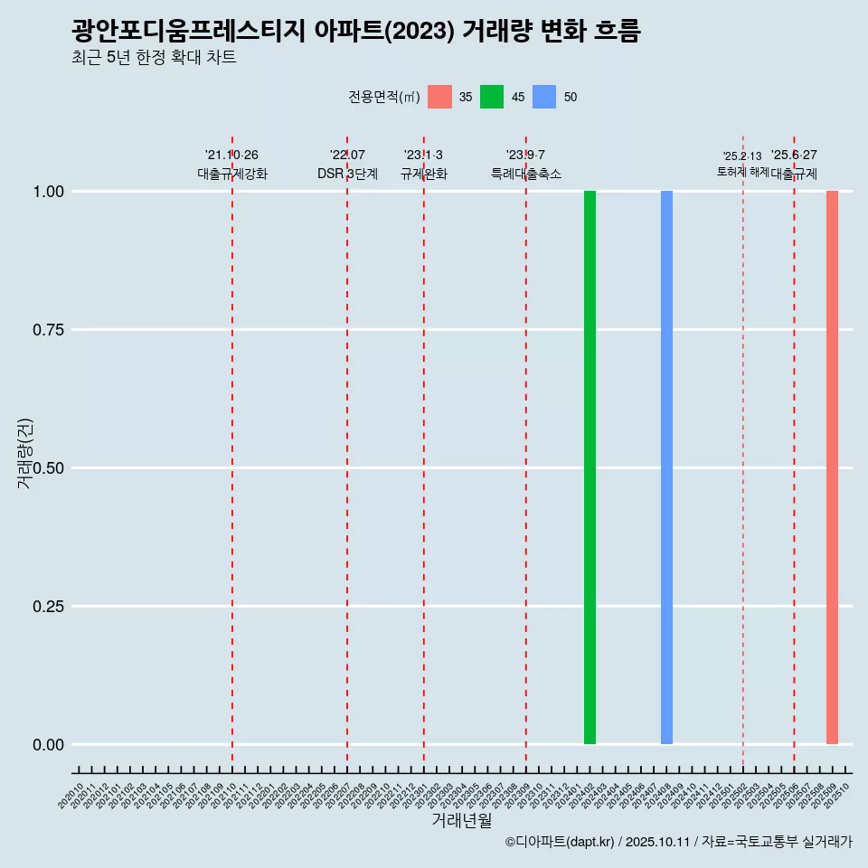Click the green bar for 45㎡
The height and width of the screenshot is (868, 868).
(590, 467)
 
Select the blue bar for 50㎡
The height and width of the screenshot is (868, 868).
(666, 467)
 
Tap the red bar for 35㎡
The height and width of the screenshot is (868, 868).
(832, 467)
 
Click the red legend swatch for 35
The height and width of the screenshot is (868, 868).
(439, 97)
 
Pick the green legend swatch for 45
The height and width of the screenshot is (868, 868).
(492, 97)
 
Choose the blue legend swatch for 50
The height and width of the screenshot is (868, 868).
(544, 97)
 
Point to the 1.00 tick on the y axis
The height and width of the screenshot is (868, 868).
(48, 192)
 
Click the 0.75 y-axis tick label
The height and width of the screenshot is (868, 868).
(48, 330)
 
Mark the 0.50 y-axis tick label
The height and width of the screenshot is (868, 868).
(48, 468)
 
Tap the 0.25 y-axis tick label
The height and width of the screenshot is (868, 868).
(48, 607)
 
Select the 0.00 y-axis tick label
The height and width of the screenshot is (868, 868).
(48, 745)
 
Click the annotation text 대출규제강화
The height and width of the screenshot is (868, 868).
(232, 174)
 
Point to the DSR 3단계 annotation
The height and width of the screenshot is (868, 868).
(347, 174)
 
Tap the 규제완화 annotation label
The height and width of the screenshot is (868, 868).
(424, 174)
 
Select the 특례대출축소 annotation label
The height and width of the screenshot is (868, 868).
(526, 174)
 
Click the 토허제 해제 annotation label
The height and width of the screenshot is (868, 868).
(742, 171)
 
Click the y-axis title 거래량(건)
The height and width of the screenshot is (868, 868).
(25, 453)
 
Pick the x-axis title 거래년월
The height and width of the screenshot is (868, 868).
(462, 821)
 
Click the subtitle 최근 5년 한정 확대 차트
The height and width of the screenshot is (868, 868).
(154, 58)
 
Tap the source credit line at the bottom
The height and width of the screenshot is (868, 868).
(678, 843)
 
